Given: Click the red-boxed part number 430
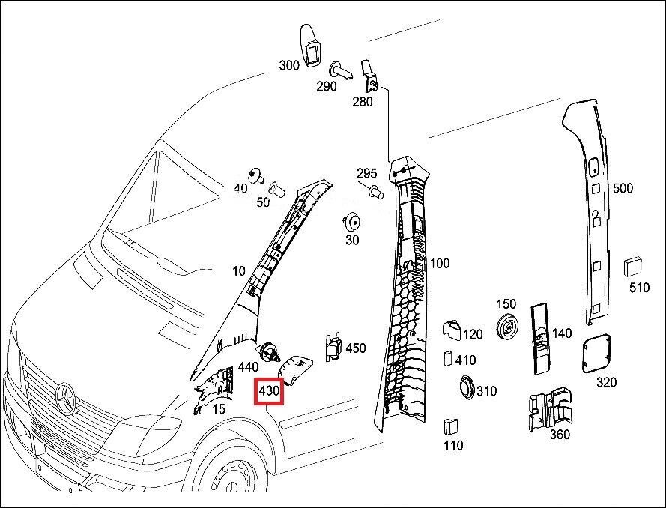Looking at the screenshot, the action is point(268,390).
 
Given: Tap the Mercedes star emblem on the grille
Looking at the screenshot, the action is point(65,398).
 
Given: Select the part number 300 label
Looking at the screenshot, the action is point(289,65).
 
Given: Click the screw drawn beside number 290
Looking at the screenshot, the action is point(341,70).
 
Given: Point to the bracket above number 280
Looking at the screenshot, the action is point(369,76).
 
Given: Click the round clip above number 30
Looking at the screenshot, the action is point(351,223).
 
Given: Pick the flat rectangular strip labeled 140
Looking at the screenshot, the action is point(540,339).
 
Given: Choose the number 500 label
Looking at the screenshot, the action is point(623,188).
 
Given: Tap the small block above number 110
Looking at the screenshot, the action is point(450,427).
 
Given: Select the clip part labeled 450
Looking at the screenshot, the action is point(333,347).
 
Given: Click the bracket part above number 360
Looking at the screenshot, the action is point(550,408).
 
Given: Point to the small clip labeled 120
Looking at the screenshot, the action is point(452,330).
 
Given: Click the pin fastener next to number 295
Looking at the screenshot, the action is point(376,193).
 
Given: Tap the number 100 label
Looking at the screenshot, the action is point(439,263).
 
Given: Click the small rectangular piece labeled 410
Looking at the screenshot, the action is point(448,358).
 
